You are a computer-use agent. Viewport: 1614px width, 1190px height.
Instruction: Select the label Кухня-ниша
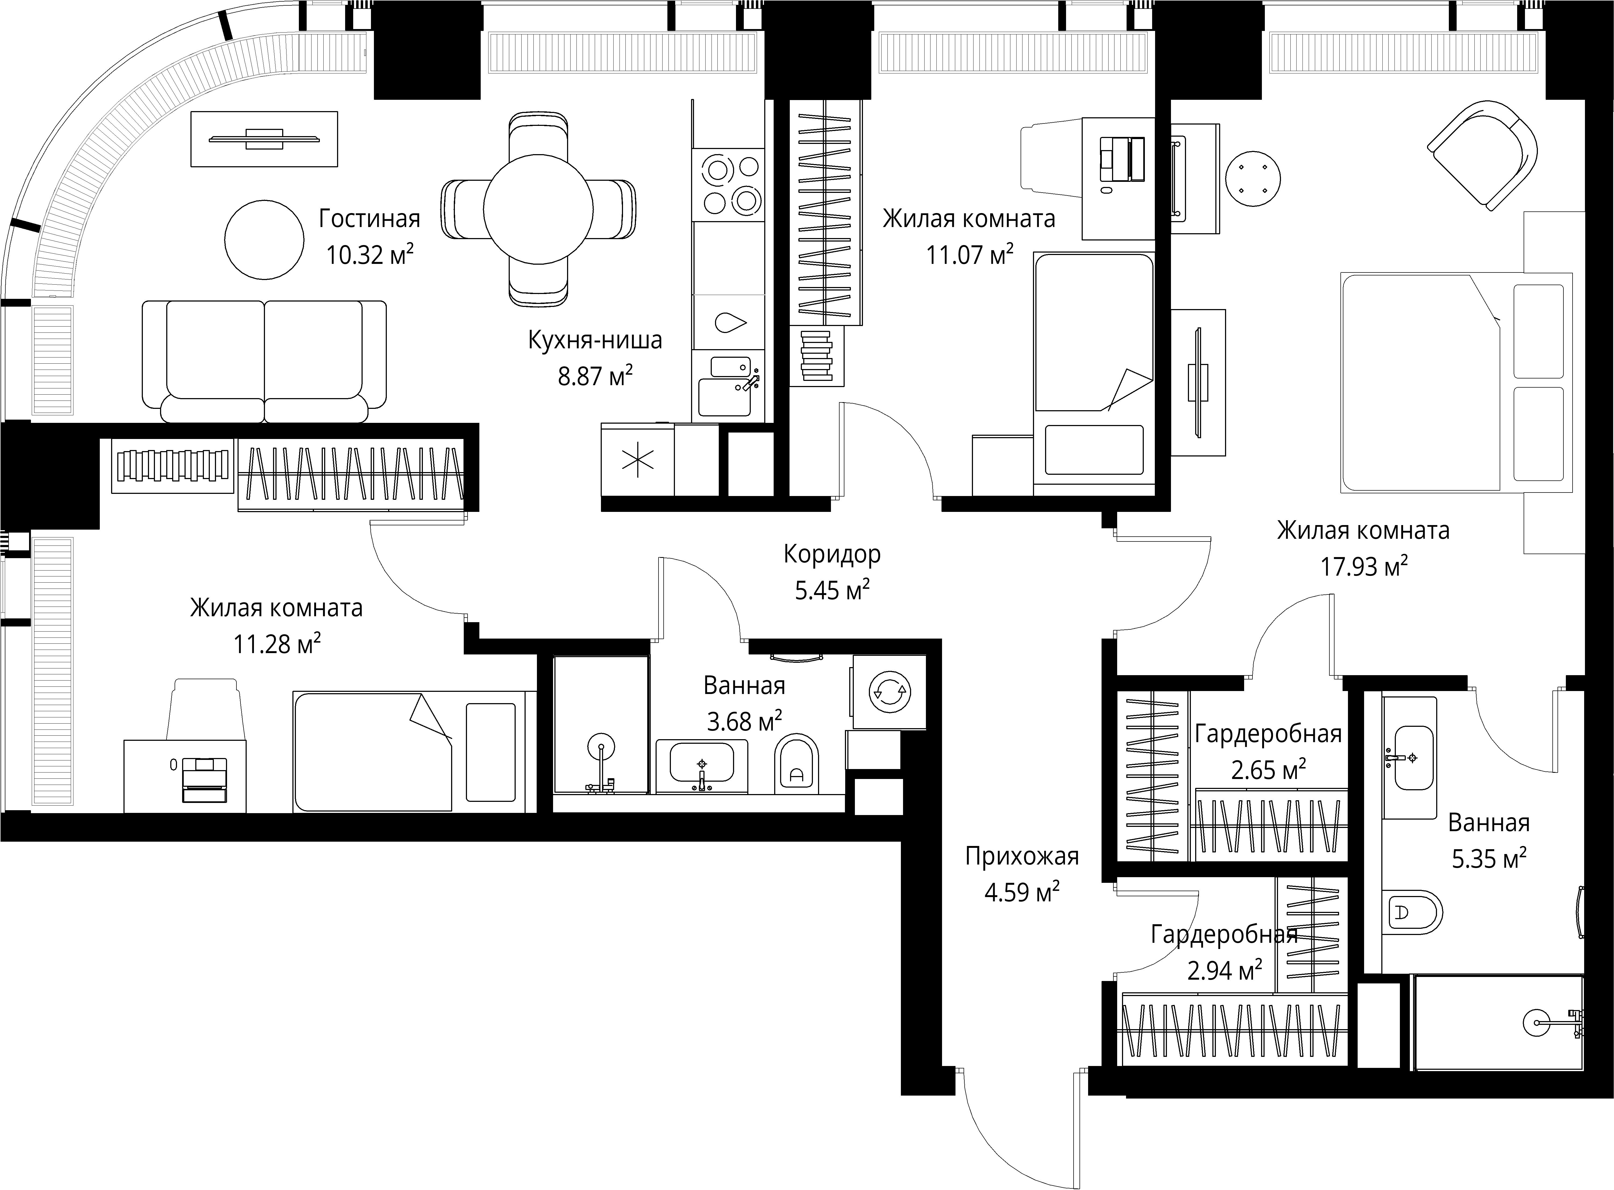pos(595,340)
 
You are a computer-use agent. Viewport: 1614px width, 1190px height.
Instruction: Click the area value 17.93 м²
pos(1363,567)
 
